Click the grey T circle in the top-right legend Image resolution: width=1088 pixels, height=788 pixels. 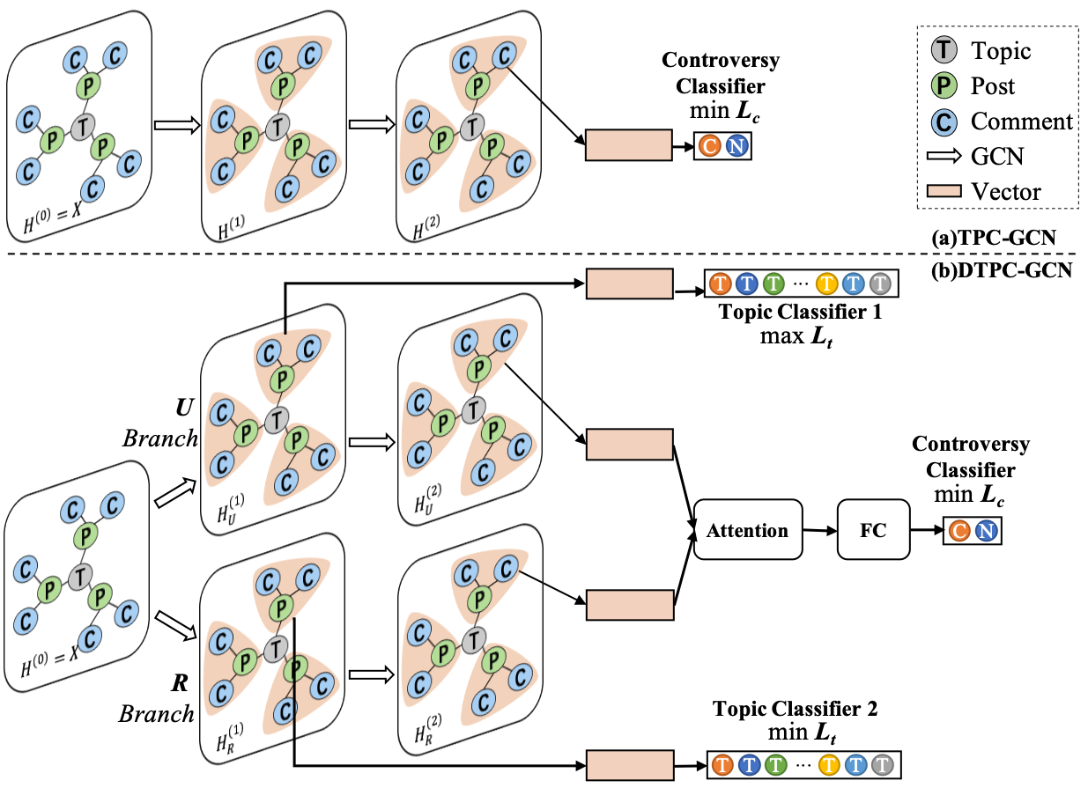tap(944, 49)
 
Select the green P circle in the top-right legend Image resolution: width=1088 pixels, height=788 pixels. tap(944, 85)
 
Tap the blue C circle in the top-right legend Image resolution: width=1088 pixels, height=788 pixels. tap(944, 122)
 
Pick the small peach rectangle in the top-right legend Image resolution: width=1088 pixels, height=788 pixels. tap(944, 191)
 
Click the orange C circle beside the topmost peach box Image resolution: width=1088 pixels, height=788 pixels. tap(709, 146)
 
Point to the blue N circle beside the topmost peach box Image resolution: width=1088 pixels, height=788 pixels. tap(736, 146)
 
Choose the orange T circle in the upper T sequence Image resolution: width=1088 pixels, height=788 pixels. tap(721, 284)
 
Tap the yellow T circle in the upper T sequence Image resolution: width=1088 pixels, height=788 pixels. tap(827, 284)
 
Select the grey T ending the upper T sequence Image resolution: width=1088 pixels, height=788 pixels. tap(880, 284)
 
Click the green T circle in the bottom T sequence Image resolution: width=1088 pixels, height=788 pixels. tap(776, 765)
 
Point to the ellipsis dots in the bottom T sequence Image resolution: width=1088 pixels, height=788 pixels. tap(803, 765)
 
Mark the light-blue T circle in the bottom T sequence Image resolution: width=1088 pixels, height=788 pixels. tap(855, 765)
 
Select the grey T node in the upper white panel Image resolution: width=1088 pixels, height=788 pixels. tap(82, 128)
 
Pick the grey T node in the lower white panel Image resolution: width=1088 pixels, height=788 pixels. tap(80, 577)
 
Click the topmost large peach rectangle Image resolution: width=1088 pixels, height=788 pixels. tap(629, 145)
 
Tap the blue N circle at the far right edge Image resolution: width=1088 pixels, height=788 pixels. tap(986, 531)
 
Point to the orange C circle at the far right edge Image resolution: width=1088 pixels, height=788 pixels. tap(958, 531)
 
